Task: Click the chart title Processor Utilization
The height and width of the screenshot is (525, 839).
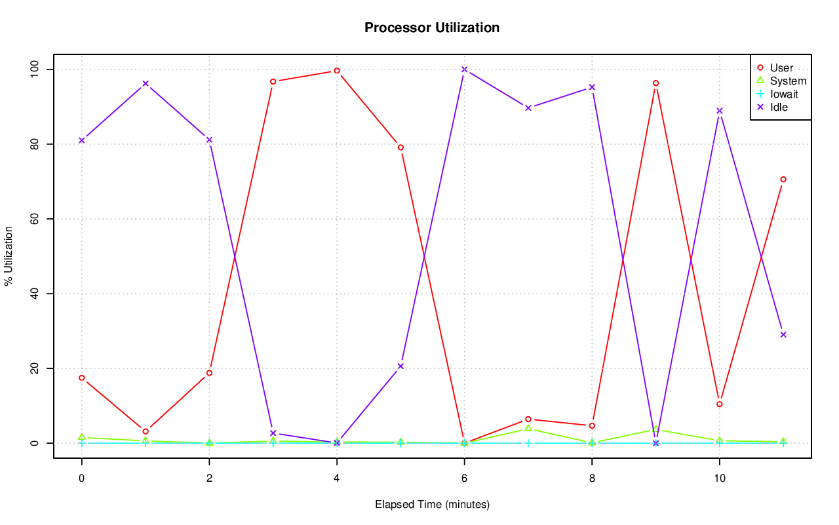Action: [432, 28]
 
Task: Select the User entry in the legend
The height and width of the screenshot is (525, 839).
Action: [781, 68]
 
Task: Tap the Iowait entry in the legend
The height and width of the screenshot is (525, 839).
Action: [784, 94]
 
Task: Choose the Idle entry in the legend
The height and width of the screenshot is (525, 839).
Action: [779, 107]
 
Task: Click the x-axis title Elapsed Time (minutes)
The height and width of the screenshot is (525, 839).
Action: [432, 505]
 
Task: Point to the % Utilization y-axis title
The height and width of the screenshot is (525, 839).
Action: [9, 256]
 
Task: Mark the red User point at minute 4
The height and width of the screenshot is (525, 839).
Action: [337, 71]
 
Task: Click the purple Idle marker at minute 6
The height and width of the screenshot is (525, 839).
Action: [464, 69]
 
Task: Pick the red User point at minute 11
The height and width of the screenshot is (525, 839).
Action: [783, 180]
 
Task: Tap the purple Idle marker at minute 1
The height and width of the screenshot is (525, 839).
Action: [146, 84]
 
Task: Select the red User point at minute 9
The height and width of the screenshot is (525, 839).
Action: [655, 83]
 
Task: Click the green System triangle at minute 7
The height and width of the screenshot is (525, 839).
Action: [528, 429]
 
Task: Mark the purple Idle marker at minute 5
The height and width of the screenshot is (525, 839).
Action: [400, 366]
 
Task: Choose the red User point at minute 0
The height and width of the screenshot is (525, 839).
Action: [81, 378]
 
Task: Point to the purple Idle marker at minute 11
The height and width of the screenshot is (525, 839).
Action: [783, 335]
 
